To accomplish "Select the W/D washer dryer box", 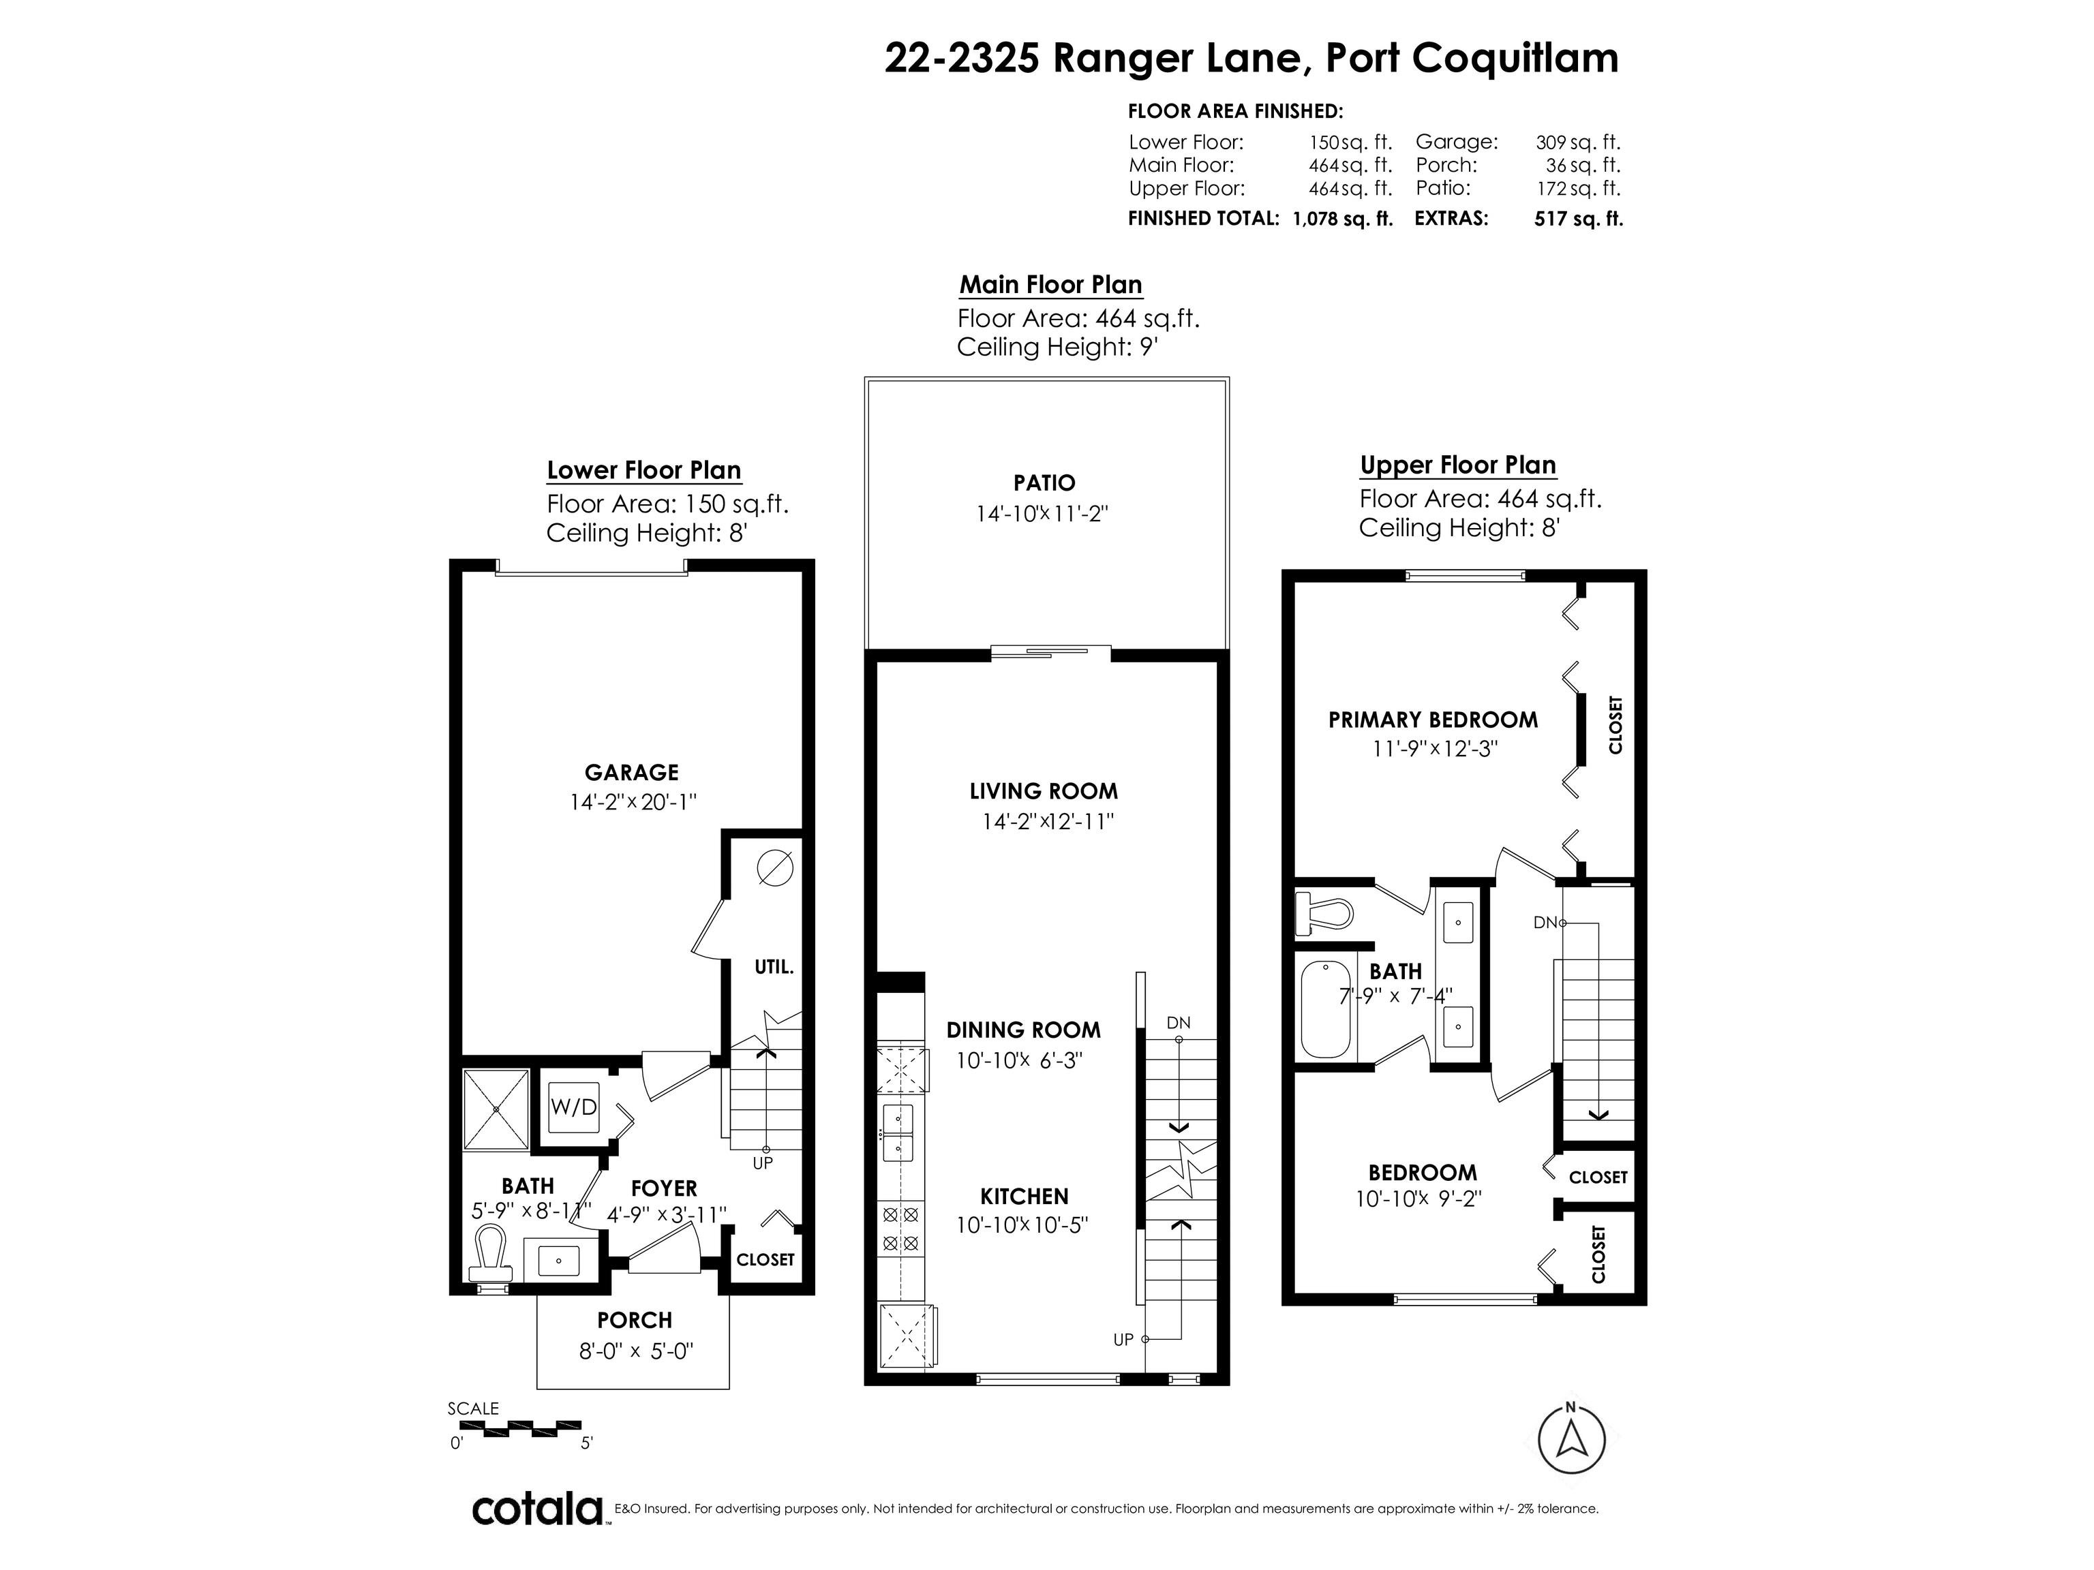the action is [574, 1107].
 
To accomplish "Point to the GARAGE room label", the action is [631, 772].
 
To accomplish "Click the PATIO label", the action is [1044, 482].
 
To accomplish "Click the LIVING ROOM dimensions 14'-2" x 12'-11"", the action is [1047, 821].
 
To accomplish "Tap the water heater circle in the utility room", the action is [774, 867].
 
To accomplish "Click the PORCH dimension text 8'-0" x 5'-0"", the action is [636, 1351].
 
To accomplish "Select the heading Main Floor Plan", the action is [1051, 285].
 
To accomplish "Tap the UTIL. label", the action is [774, 967].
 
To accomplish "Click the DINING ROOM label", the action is [1023, 1030].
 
